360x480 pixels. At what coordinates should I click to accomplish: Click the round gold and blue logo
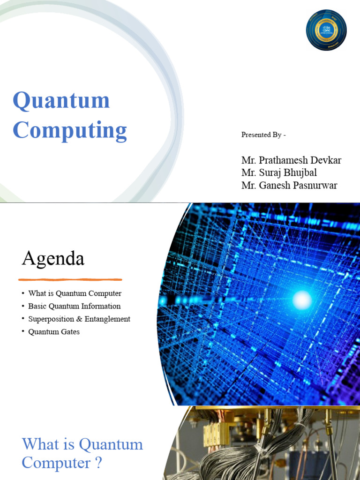tap(326, 30)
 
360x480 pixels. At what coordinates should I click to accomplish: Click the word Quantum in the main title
tap(61, 100)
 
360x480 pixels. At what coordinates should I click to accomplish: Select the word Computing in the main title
tap(70, 130)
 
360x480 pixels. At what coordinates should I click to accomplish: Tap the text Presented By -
tap(263, 135)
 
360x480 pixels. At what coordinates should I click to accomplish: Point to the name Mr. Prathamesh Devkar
tap(291, 160)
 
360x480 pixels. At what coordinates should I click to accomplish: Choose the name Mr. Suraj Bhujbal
tap(279, 172)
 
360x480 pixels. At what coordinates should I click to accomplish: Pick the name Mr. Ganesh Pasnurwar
tap(289, 185)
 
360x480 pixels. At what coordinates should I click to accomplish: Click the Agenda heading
tap(53, 258)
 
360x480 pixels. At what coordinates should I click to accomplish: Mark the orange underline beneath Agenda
tap(70, 279)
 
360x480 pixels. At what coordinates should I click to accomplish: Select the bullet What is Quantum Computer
tap(75, 293)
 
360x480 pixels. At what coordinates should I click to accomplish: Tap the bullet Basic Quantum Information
tap(74, 306)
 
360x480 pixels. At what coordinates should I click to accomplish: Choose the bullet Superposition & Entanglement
tap(79, 319)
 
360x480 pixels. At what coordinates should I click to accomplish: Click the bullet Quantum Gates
tap(54, 332)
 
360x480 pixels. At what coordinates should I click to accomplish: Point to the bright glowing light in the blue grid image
tap(301, 299)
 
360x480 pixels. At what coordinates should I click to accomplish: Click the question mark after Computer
tap(98, 464)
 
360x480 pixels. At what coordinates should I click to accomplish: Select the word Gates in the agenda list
tap(69, 332)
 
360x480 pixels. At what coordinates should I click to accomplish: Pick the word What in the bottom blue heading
tap(39, 444)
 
